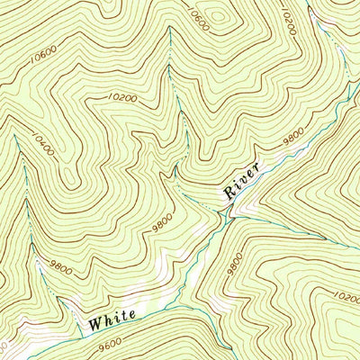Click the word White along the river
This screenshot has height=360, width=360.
pyautogui.click(x=112, y=316)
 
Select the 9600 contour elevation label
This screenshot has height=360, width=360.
pyautogui.click(x=109, y=343)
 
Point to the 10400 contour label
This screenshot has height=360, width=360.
pyautogui.click(x=41, y=145)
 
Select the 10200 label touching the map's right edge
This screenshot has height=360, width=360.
pyautogui.click(x=347, y=296)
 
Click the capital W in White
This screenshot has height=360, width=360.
pyautogui.click(x=94, y=320)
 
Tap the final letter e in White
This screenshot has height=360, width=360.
pyautogui.click(x=132, y=313)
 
